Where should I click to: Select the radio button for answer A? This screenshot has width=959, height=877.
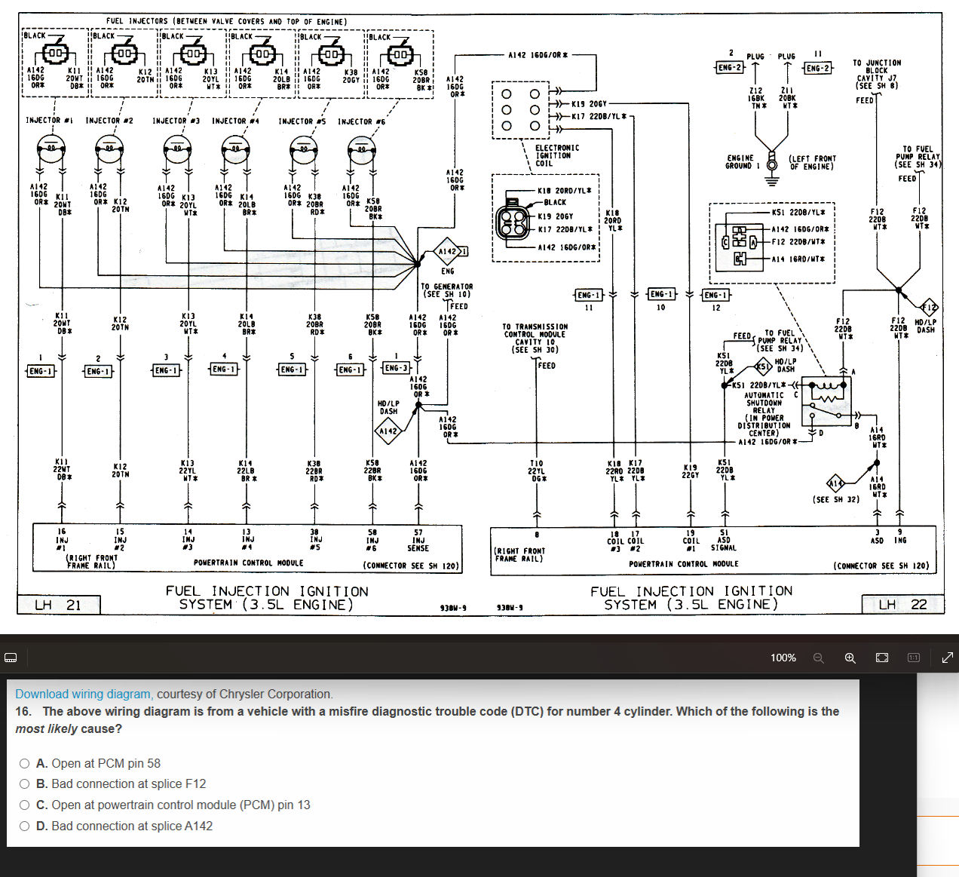click(x=25, y=763)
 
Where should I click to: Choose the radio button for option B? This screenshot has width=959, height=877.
click(x=25, y=784)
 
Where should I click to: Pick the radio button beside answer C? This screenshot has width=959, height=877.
click(x=25, y=805)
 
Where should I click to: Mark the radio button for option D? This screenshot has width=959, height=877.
click(x=25, y=826)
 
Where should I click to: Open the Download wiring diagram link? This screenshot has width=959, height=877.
click(x=83, y=694)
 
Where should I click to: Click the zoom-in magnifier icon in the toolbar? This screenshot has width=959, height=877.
click(x=850, y=658)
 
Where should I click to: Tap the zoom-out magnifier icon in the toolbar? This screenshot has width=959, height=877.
click(x=818, y=658)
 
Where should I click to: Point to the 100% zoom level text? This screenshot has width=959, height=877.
click(x=783, y=658)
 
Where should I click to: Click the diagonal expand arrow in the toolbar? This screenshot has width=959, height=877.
click(x=948, y=658)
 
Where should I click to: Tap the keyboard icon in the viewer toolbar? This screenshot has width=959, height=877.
click(x=11, y=658)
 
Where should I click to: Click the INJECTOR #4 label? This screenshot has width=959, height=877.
click(x=235, y=121)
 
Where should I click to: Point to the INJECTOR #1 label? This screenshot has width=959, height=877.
click(x=49, y=120)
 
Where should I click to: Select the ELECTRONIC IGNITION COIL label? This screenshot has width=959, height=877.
click(x=556, y=155)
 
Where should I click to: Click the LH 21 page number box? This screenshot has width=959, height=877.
click(x=59, y=605)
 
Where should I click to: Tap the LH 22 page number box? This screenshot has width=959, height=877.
click(x=902, y=604)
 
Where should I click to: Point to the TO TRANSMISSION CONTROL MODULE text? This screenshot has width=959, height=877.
click(x=535, y=338)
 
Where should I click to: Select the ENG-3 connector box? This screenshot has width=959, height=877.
click(x=396, y=368)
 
